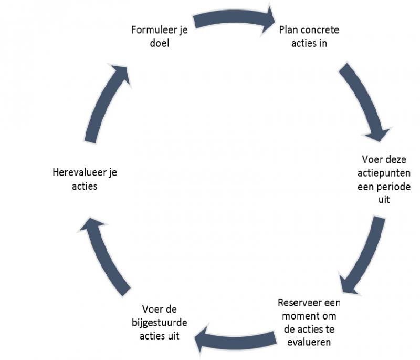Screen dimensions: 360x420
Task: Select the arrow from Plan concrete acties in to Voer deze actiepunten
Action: pyautogui.click(x=365, y=102)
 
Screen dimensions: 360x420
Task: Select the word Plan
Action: pyautogui.click(x=289, y=29)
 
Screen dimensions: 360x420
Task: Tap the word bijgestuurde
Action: pyautogui.click(x=160, y=322)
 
